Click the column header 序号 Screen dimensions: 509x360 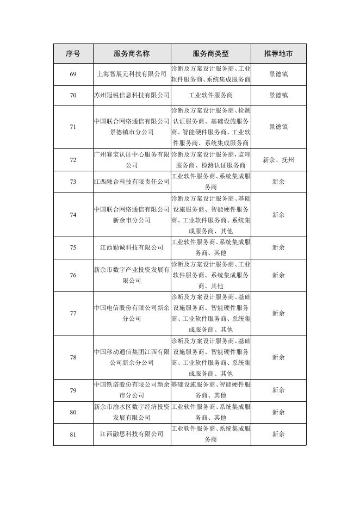[73, 54]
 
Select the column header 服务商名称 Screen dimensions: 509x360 [132, 54]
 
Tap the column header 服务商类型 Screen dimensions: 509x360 [210, 54]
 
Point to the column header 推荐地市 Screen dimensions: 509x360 [278, 54]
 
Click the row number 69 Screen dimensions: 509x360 [73, 74]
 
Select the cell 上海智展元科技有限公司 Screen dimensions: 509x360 [132, 74]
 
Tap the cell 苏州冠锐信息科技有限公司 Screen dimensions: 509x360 [132, 95]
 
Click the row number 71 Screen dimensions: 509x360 [73, 127]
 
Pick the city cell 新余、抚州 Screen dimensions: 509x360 [278, 160]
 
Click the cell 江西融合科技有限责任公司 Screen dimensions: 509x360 [132, 182]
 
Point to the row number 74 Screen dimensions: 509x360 [73, 215]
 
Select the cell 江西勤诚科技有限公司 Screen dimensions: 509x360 [132, 247]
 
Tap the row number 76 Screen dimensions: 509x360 [73, 275]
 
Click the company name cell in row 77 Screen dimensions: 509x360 [132, 313]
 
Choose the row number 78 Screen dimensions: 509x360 [73, 357]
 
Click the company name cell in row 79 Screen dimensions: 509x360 [132, 390]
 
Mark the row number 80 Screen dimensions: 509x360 [73, 412]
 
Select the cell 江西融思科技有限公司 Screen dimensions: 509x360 [132, 434]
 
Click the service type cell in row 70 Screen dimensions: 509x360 [210, 95]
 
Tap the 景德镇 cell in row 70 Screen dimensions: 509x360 [278, 95]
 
